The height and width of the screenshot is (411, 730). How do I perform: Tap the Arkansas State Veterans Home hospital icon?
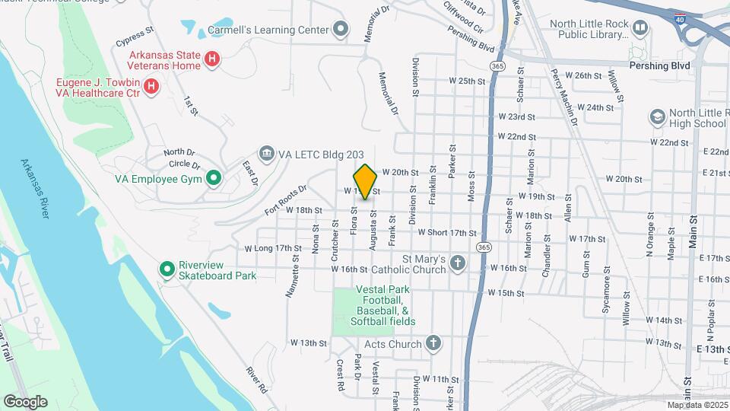coord(214,58)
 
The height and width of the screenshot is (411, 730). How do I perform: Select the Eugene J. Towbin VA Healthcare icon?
coord(151,85)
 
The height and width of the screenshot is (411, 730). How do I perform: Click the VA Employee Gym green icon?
coord(214,179)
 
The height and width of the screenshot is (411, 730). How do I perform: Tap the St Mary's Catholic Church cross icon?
coord(457,264)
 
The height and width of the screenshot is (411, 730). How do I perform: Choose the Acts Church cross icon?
coord(433,343)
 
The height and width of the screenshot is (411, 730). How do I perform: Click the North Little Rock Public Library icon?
coord(640,29)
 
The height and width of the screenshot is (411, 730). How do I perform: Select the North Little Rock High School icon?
coord(657,117)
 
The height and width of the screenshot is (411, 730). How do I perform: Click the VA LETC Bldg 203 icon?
coord(267,154)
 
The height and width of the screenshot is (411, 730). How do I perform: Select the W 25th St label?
coord(467,80)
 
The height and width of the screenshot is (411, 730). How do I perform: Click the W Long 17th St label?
coord(273,248)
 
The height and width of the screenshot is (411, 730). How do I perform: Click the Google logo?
coord(26,402)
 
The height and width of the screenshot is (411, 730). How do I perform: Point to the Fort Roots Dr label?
coord(286,196)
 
